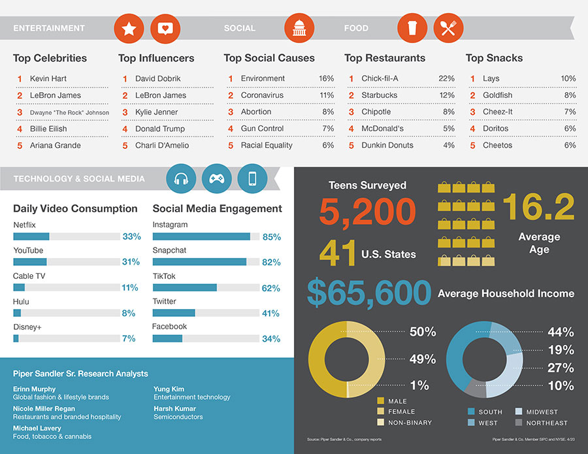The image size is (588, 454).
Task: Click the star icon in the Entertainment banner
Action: (129, 28)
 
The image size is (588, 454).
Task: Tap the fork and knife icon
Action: (448, 28)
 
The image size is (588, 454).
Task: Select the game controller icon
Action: (217, 178)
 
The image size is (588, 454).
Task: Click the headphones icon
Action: (182, 178)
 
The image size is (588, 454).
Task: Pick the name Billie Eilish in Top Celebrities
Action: (48, 129)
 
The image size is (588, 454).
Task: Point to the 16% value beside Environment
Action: (326, 78)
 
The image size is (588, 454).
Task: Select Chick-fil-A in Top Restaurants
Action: (380, 78)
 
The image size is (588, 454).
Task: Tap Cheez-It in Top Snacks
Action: (497, 112)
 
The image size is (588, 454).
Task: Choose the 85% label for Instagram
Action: (271, 237)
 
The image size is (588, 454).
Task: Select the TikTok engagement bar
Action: (185, 287)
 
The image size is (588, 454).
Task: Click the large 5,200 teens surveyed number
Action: (368, 212)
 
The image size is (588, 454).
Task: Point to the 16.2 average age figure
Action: (538, 206)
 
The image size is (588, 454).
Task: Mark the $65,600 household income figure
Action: (369, 293)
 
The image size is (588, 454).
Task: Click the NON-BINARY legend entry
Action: (410, 423)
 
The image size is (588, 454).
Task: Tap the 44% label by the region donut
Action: (561, 332)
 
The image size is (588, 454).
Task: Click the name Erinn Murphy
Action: (35, 389)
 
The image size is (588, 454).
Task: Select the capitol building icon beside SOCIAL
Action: (299, 28)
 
